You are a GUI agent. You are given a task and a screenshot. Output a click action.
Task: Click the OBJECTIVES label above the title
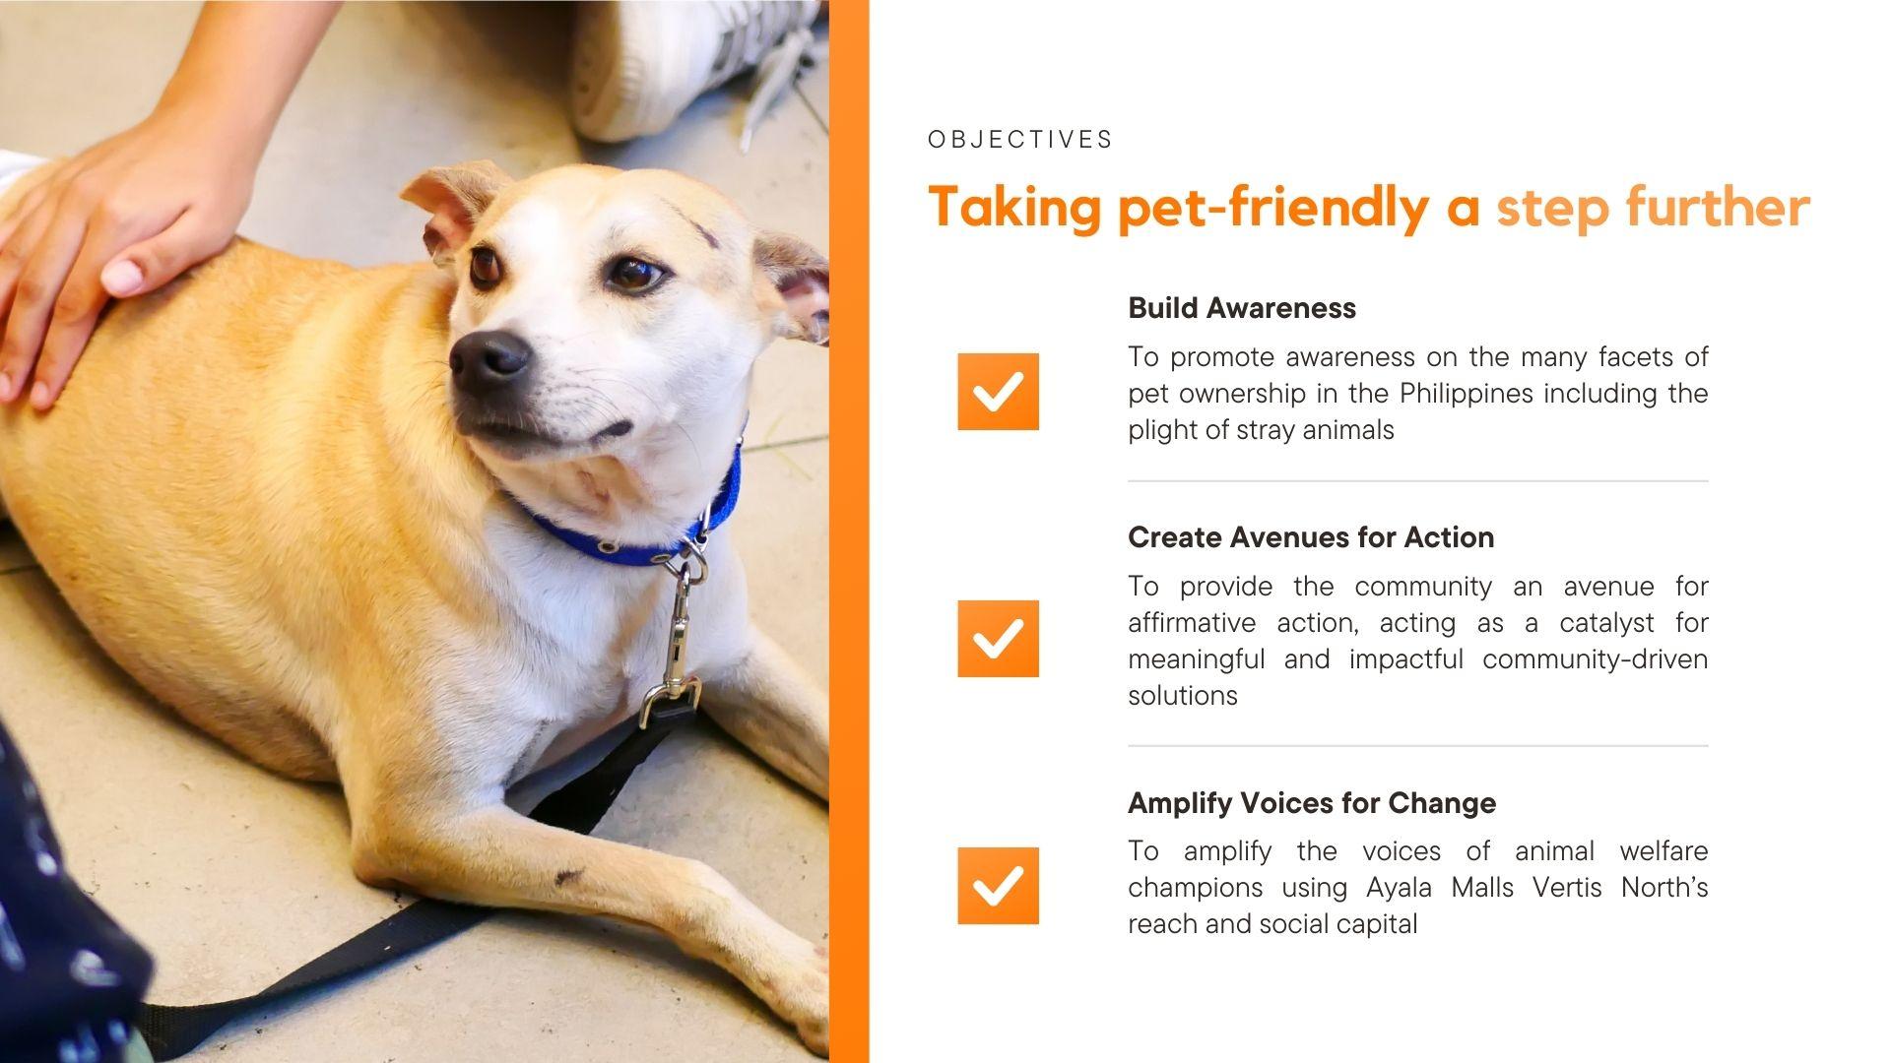click(x=1020, y=140)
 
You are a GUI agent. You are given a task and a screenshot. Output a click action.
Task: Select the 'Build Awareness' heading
click(x=1242, y=308)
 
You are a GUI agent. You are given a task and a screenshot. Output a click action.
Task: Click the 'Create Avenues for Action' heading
click(x=1311, y=537)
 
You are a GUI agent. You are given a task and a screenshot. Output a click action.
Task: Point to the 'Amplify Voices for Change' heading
click(x=1312, y=803)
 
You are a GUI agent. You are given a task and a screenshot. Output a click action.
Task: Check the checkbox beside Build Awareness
click(x=998, y=392)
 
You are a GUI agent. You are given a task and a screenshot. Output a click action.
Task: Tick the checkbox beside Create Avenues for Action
click(x=998, y=639)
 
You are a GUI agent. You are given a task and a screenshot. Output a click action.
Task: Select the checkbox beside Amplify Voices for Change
click(x=998, y=886)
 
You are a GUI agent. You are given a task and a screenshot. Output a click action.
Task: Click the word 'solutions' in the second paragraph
click(x=1183, y=696)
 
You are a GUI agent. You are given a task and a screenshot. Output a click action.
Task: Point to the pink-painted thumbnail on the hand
click(x=124, y=275)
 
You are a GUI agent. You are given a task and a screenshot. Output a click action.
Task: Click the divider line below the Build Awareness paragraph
click(x=1418, y=481)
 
